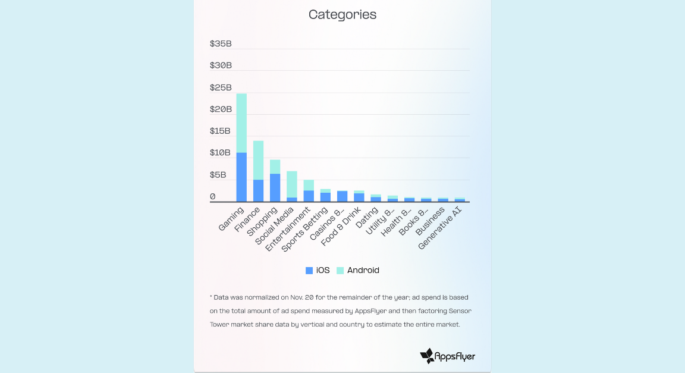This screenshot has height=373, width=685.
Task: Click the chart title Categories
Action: click(342, 15)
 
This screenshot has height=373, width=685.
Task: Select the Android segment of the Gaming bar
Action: click(241, 123)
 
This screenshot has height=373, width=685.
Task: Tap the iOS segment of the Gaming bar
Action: click(241, 177)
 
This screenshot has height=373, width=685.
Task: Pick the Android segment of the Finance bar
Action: click(258, 160)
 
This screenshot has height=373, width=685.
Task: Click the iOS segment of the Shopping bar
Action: click(275, 187)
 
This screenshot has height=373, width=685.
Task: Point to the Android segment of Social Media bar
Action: click(291, 184)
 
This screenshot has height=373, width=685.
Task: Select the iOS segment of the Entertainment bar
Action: click(309, 196)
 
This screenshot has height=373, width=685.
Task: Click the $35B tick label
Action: click(221, 43)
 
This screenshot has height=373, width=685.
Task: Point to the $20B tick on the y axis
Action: click(221, 109)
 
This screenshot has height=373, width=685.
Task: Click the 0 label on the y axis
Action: click(213, 196)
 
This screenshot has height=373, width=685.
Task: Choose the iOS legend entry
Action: click(318, 270)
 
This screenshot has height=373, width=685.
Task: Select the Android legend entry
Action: click(358, 270)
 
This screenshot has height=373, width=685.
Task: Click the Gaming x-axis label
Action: click(231, 219)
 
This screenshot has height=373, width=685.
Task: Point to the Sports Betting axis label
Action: click(305, 229)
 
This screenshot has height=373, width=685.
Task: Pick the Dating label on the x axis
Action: click(367, 218)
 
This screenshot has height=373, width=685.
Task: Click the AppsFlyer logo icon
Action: click(427, 356)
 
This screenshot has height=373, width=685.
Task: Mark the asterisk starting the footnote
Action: click(211, 297)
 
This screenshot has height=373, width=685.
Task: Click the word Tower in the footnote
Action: click(219, 324)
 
